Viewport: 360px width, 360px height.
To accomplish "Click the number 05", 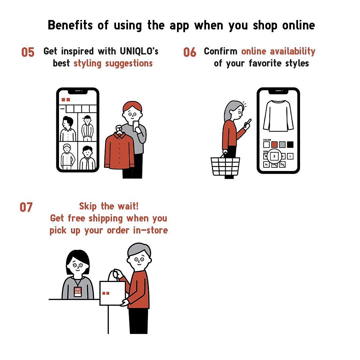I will click(x=28, y=52).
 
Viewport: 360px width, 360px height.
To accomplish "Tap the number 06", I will click(x=190, y=52).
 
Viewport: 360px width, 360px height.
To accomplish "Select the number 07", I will click(x=26, y=207).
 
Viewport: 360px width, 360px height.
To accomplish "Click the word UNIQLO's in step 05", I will click(x=139, y=51).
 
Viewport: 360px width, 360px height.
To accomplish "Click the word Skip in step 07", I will click(x=89, y=206).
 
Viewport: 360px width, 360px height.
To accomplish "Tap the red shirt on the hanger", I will click(x=119, y=150).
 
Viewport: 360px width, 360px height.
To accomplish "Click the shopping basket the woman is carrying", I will click(x=225, y=167).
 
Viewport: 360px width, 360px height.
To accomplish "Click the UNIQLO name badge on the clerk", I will click(x=77, y=291).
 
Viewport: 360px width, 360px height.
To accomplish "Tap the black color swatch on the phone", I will click(x=290, y=145).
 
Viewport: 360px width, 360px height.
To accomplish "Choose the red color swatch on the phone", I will click(x=274, y=145).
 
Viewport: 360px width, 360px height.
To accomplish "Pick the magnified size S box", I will click(x=274, y=156).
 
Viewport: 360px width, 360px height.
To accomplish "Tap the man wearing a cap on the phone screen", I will click(x=88, y=128).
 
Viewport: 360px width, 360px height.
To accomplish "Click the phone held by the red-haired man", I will click(x=136, y=125).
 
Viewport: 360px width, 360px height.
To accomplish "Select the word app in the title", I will click(x=179, y=25).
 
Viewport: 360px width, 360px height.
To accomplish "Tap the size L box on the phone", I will click(x=290, y=156).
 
